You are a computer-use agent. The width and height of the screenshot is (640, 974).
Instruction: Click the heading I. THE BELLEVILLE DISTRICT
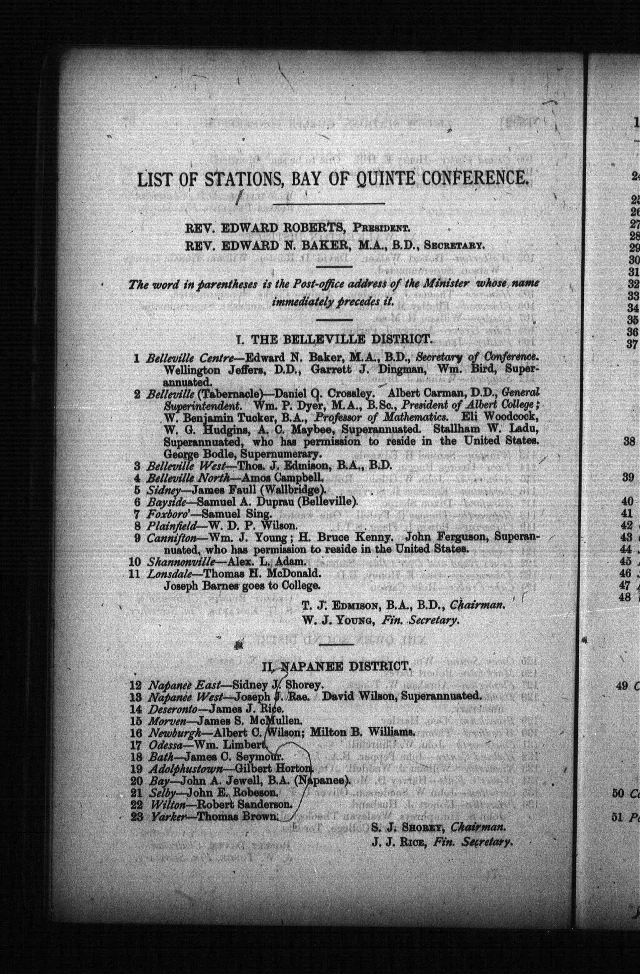pos(332,339)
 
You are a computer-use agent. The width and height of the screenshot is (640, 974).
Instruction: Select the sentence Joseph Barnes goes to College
pos(242,585)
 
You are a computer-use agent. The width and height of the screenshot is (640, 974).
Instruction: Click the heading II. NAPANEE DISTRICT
pos(337,667)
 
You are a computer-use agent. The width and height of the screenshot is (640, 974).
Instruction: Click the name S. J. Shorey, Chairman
pos(437,827)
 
